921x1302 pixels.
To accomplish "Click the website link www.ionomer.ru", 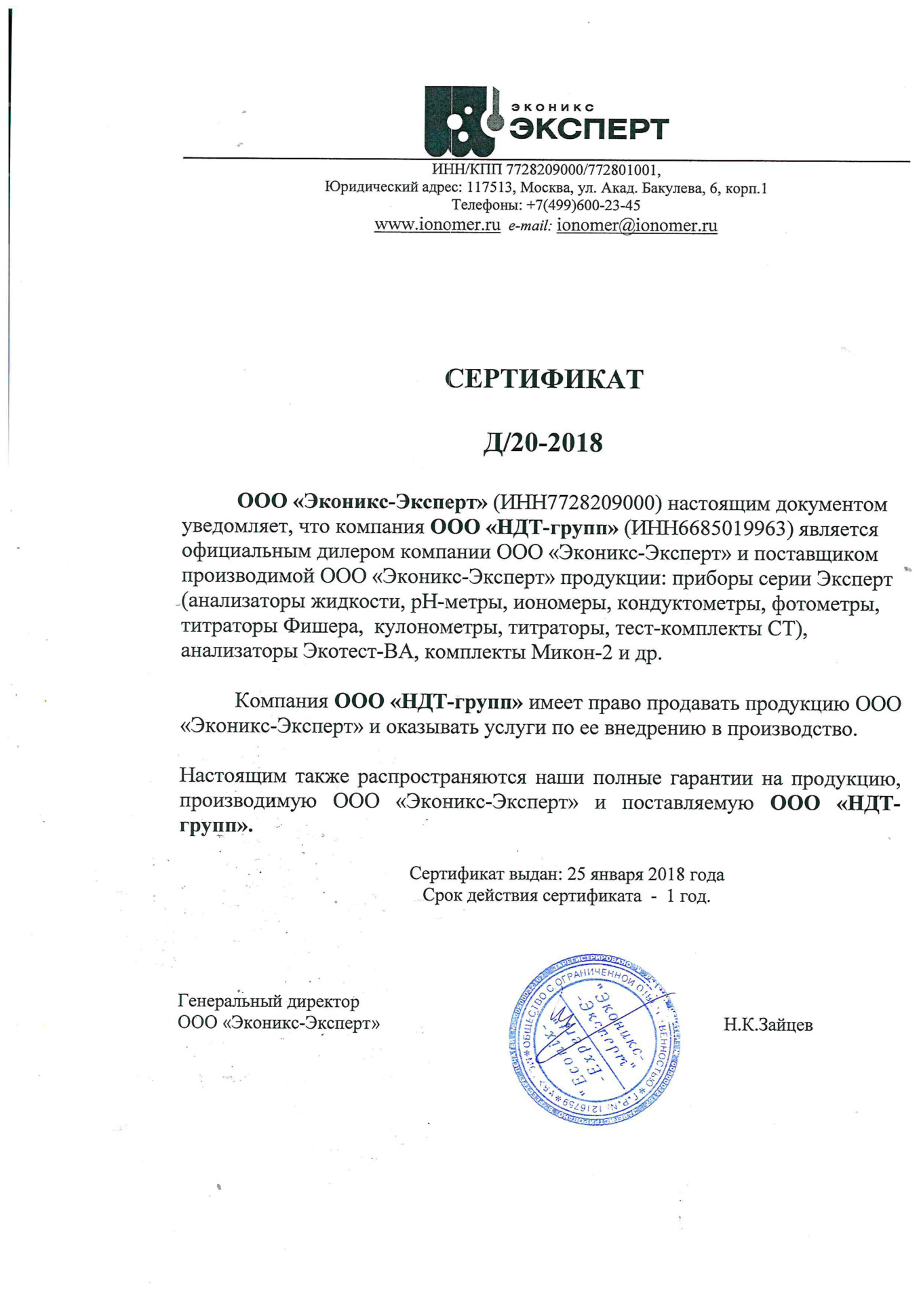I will click(x=437, y=225).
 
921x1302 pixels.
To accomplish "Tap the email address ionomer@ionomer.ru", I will click(x=636, y=225).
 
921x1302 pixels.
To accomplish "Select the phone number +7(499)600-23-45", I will click(x=583, y=205).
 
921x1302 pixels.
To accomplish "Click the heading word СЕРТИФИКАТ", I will click(x=544, y=379).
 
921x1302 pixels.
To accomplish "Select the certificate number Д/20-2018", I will click(x=543, y=443).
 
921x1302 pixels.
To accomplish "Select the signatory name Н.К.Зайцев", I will click(x=768, y=1025).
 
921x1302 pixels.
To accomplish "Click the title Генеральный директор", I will click(x=269, y=1001).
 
